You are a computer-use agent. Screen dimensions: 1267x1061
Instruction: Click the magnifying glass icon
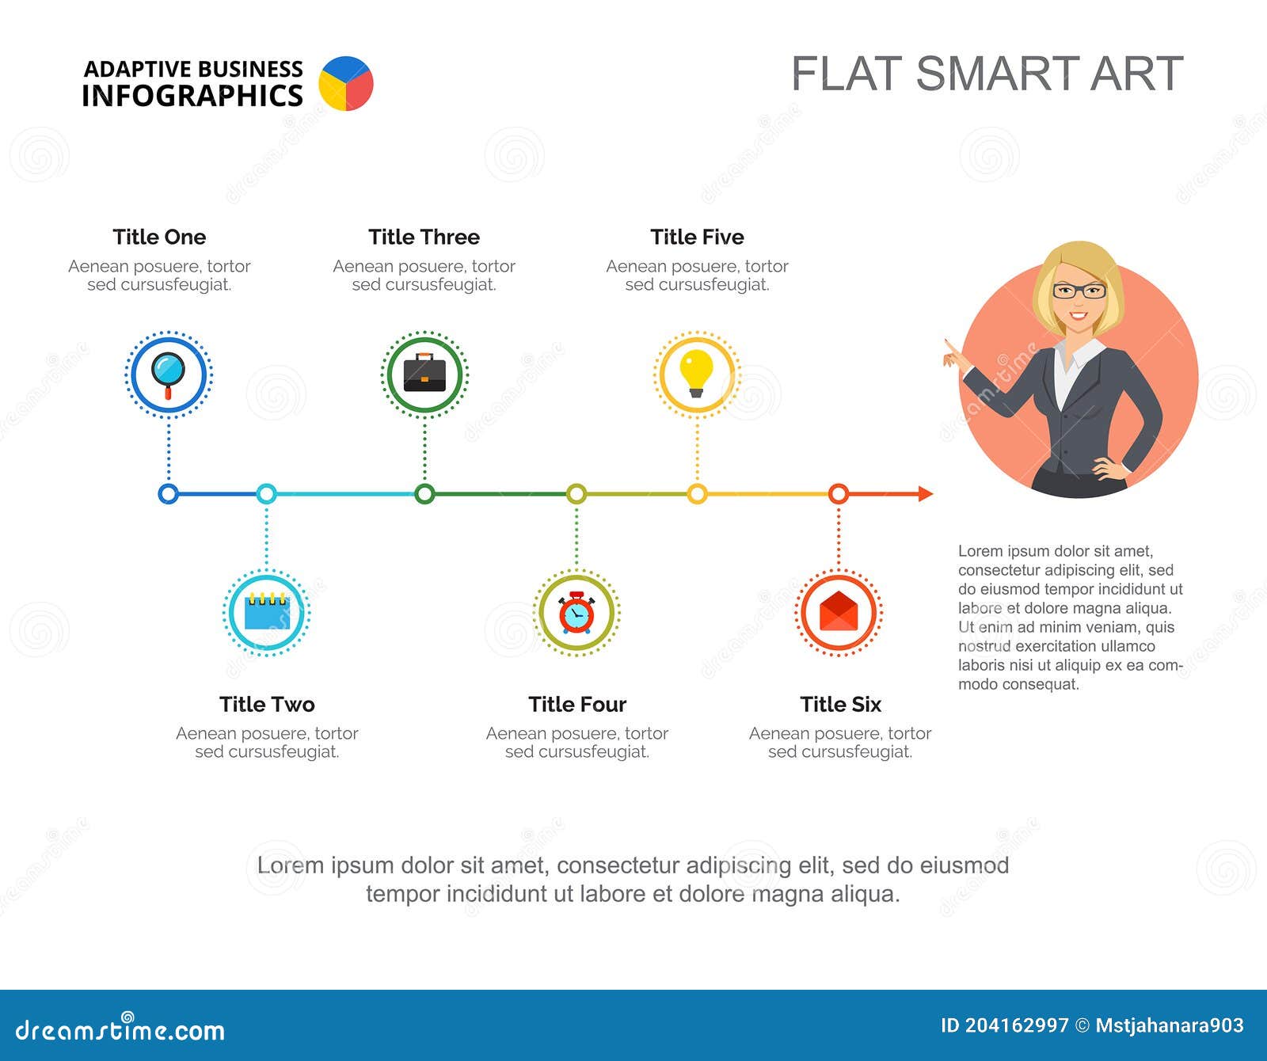tap(168, 375)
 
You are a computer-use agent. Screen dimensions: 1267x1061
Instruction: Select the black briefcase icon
tap(424, 373)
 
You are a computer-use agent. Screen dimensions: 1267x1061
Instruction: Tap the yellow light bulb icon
tap(697, 373)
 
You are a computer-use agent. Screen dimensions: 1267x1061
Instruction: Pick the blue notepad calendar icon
tap(267, 610)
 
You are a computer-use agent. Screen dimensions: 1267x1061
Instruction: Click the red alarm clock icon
tap(576, 612)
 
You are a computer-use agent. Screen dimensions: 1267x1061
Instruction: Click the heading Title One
tap(159, 237)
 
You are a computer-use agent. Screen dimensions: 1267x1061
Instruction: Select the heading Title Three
tap(424, 237)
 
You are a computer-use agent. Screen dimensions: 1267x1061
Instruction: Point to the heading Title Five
tap(697, 237)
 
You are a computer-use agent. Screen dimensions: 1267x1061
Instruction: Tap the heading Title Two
tap(267, 704)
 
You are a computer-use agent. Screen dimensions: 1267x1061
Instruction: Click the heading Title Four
tap(577, 704)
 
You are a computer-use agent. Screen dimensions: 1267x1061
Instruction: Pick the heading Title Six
tap(840, 704)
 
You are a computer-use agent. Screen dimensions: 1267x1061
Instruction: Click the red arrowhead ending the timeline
tap(926, 494)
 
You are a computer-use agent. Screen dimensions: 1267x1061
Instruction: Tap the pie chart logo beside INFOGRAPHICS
tap(346, 83)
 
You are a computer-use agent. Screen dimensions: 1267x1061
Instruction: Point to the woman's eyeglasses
tap(1079, 291)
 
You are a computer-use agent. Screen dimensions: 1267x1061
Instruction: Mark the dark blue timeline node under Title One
tap(168, 494)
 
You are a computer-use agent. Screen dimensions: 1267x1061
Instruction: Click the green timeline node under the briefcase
tap(424, 494)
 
